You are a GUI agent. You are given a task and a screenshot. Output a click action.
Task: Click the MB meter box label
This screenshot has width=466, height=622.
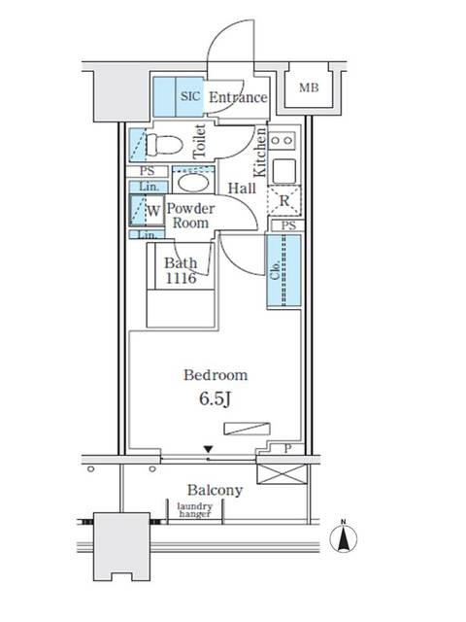(309, 87)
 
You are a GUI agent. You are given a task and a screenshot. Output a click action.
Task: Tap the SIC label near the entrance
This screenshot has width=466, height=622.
(190, 96)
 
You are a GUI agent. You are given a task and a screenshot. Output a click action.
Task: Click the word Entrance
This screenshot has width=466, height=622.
(238, 97)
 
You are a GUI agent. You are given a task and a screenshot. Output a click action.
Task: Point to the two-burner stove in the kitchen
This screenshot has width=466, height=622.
(282, 140)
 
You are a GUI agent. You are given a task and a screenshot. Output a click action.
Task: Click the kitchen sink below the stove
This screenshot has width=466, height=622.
(283, 171)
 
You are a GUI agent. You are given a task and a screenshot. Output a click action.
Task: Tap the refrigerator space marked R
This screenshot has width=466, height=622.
(284, 200)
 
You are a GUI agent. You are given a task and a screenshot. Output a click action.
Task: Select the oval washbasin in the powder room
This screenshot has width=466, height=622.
(193, 183)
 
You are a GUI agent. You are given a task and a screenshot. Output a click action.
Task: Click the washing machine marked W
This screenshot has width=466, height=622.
(148, 210)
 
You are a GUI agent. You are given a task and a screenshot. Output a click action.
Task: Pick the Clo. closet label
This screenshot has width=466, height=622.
(276, 271)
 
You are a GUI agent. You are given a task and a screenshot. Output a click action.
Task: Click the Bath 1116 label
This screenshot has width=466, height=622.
(181, 270)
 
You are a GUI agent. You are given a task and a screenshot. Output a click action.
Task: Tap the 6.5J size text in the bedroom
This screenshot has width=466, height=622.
(216, 399)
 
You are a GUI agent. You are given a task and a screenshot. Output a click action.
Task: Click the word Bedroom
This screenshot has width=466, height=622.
(216, 375)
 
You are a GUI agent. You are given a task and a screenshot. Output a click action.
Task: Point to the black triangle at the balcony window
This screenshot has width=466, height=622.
(209, 449)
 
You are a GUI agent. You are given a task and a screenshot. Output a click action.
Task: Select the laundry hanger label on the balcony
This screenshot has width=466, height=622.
(194, 510)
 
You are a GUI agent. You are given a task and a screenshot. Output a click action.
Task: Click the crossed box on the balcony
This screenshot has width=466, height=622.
(282, 474)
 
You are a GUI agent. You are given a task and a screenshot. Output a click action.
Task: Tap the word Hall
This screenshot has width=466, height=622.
(242, 188)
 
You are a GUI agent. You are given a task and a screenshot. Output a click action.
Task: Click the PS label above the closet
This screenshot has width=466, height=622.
(288, 225)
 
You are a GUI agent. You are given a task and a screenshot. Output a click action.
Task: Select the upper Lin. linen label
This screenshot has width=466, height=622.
(149, 187)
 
